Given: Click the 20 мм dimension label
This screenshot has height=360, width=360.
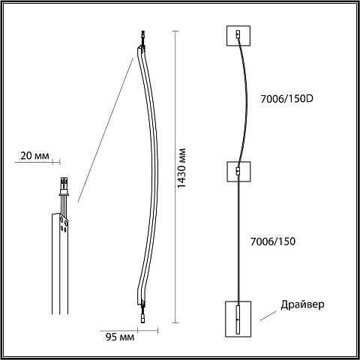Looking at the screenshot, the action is point(34,156).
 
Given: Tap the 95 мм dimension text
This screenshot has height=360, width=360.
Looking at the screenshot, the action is point(120,337).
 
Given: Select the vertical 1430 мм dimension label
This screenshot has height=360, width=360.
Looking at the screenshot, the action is point(181,168).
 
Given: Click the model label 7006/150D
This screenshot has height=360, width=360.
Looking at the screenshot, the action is point(286,99).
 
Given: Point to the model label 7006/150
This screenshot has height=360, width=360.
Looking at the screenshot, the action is point(273,241).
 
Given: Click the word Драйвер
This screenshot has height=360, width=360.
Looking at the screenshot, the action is point(302,304).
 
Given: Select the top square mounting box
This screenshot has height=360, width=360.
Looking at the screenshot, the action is point(238,36).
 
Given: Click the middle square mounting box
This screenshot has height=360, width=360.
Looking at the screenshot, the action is point(238,172).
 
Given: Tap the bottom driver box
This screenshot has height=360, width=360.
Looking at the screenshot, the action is point(238,319).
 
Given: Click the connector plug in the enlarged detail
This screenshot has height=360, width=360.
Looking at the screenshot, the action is point(64,187).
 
